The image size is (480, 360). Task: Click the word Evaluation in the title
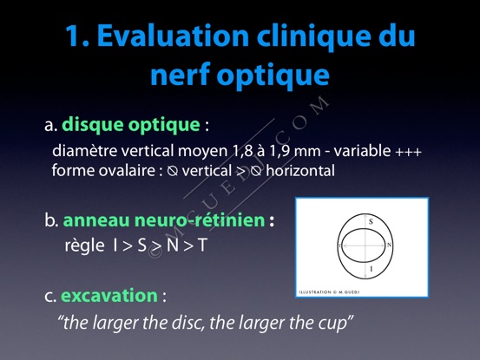point(173,36)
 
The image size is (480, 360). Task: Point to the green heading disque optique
point(131,126)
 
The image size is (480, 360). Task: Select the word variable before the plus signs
point(362,150)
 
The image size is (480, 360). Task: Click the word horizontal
point(300,170)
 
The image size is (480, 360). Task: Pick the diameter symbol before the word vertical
point(173,171)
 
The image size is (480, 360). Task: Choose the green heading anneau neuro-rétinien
point(164,220)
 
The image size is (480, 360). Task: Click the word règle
point(84,245)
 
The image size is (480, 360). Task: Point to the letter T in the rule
point(202,245)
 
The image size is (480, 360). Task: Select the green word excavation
point(109,296)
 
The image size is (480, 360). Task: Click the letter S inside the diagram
point(371,222)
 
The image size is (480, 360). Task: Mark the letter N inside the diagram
point(390,245)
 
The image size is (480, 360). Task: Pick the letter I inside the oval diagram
point(372,269)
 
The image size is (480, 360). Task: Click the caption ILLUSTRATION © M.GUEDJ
point(329,292)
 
